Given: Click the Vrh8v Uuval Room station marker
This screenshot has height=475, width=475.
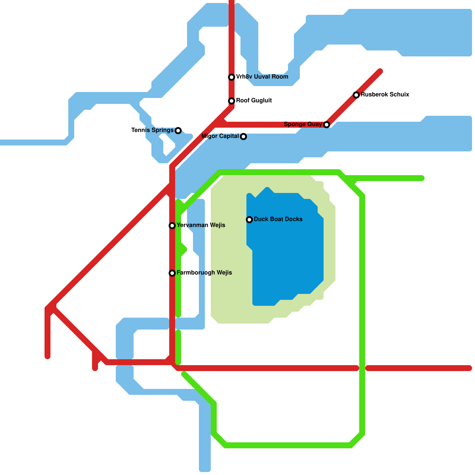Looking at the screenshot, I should tap(232, 77).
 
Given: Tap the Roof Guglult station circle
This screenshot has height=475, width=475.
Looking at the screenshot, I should tap(232, 101).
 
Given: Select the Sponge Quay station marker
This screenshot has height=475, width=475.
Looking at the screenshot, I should tap(327, 125).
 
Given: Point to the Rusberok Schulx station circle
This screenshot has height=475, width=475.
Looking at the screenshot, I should tap(356, 95).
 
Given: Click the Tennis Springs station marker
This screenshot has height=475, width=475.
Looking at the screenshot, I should tap(178, 131).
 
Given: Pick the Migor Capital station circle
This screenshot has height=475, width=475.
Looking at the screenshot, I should tap(243, 137).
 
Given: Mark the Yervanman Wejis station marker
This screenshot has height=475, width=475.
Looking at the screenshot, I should tap(172, 226).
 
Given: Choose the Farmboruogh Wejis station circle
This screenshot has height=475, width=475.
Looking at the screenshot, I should tap(172, 273).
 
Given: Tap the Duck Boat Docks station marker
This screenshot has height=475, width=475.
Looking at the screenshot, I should tap(249, 220).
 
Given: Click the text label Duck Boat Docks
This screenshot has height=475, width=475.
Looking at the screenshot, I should tap(278, 219).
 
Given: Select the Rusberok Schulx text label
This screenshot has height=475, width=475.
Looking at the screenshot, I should tap(385, 95).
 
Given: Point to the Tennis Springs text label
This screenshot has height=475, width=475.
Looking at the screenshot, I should tap(152, 130).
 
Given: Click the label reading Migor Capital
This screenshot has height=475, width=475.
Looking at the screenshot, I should tap(220, 136).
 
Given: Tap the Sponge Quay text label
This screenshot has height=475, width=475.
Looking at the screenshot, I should tap(303, 124).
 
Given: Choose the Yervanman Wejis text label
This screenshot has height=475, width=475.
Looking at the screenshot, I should tap(201, 225).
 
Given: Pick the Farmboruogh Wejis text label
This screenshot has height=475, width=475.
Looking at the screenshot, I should tap(204, 273).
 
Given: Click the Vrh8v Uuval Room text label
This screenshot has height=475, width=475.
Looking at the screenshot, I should tap(262, 77).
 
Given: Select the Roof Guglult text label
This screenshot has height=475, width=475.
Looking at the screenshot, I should tap(254, 101).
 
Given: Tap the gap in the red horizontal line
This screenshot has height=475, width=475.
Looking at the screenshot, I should tap(362, 368).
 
